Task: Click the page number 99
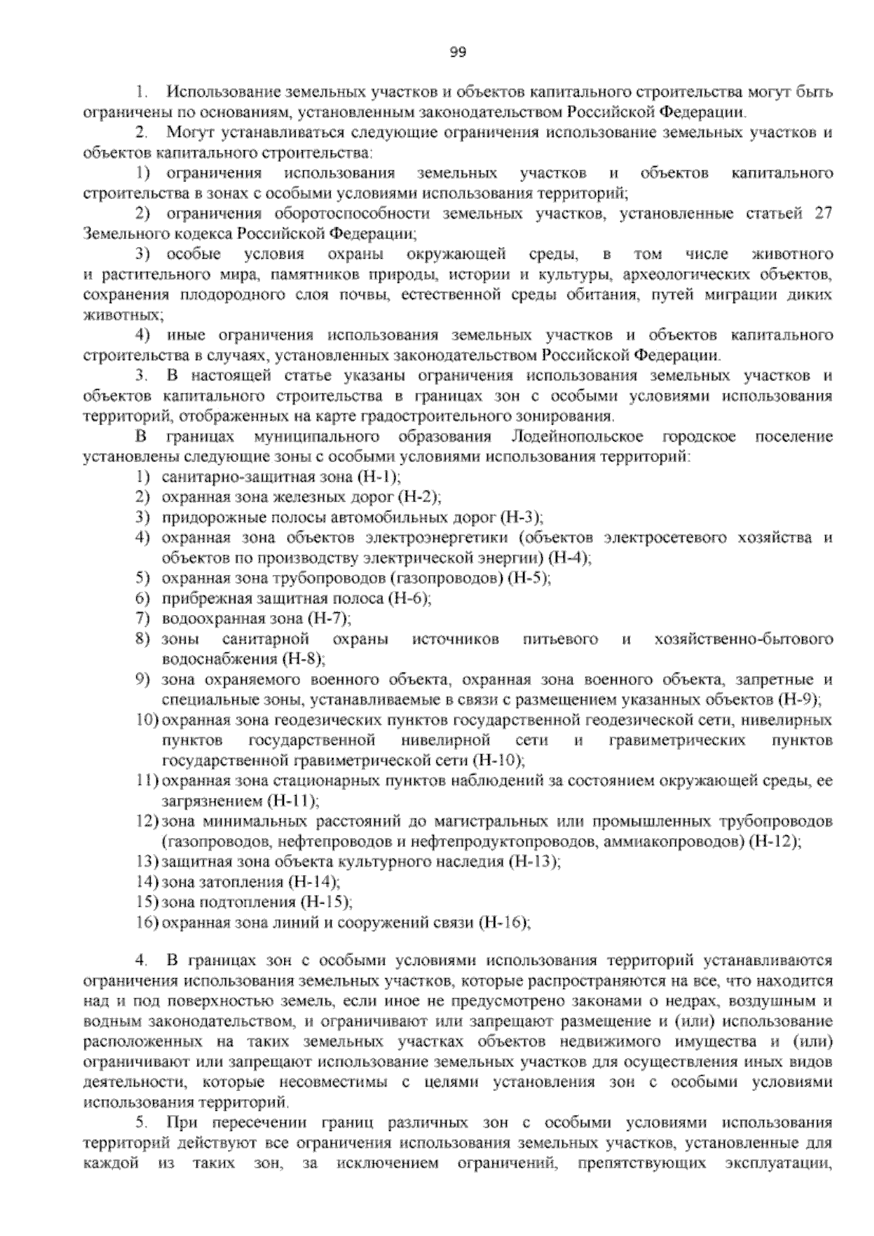pos(457,52)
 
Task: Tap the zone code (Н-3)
pos(521,517)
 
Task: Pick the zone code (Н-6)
pos(410,598)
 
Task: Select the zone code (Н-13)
pos(535,861)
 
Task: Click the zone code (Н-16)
pos(505,923)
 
